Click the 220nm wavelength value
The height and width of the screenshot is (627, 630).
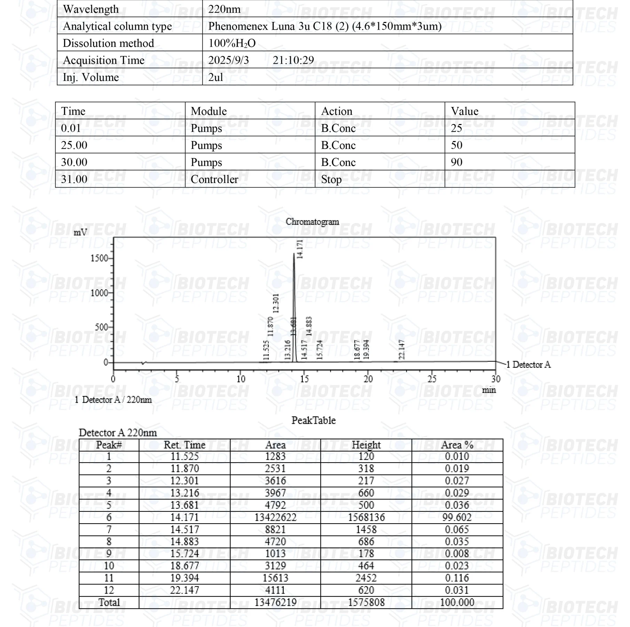pos(224,9)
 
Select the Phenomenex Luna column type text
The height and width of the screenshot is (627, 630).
pos(325,26)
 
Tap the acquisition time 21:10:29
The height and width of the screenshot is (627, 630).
pos(293,60)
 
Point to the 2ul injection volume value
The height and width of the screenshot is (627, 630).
pos(215,77)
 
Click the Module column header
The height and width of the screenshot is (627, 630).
pos(208,111)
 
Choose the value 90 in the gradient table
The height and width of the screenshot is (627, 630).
pos(456,162)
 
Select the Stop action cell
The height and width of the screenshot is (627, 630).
pos(331,179)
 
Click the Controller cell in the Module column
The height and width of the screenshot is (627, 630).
pos(214,179)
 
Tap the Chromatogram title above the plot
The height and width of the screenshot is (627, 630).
pos(312,222)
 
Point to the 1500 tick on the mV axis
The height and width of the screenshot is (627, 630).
pos(99,258)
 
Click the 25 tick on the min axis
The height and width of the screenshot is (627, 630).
pos(432,379)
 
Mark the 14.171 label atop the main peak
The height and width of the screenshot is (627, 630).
pos(300,249)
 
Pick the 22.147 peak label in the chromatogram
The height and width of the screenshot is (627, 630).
pos(402,349)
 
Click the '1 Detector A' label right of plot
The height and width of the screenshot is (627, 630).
pos(528,365)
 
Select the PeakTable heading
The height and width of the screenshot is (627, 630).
pos(313,420)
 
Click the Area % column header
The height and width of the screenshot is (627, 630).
pos(457,445)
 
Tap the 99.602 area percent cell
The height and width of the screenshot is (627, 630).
pos(457,517)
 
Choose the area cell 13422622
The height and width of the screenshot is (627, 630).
pos(275,517)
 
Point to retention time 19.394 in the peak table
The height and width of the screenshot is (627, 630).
pos(184,578)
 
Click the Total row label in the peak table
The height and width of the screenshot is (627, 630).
pos(109,602)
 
